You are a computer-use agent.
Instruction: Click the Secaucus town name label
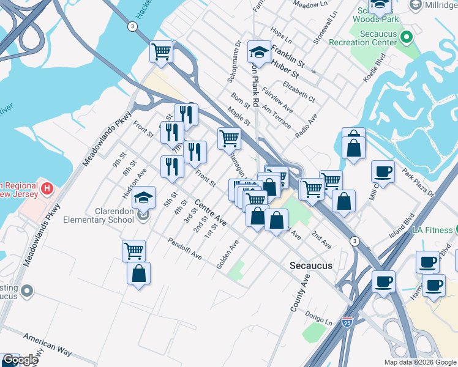311,265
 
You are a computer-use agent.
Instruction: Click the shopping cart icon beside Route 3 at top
161,52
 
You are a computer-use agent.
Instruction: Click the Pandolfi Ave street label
185,249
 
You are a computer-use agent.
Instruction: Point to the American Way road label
48,345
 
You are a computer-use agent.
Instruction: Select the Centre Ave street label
211,212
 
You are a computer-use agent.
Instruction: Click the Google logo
20,360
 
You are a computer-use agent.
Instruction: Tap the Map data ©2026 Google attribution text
420,362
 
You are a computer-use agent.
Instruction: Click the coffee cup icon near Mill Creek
383,172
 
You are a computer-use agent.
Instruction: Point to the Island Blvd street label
401,226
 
